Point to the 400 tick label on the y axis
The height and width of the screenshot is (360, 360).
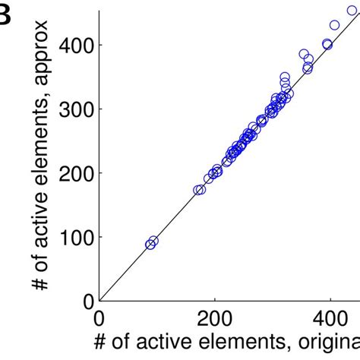[x=77, y=46]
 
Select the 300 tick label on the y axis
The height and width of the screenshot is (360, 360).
[x=77, y=109]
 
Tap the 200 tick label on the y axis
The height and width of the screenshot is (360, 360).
[x=77, y=173]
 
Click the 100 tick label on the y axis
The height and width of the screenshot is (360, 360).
[x=77, y=237]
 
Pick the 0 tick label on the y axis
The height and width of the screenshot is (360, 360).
[x=88, y=301]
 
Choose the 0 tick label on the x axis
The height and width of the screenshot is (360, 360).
[x=99, y=316]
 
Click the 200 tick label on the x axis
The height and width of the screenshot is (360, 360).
[x=216, y=316]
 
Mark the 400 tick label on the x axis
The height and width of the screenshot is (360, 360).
[x=331, y=316]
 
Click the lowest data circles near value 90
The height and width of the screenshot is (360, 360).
[x=151, y=243]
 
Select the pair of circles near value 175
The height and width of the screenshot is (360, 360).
[x=200, y=190]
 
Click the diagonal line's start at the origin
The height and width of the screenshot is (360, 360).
[x=100, y=300]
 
